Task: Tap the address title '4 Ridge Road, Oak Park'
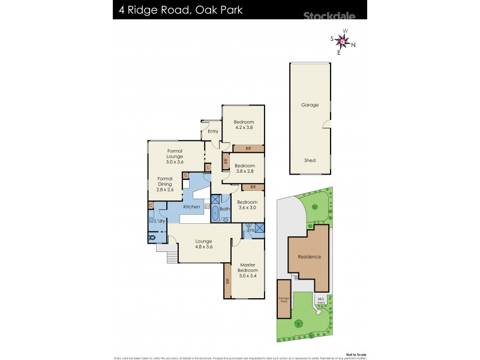177,10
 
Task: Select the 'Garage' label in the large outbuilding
310,105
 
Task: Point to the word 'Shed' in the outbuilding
310,161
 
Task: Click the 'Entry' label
213,131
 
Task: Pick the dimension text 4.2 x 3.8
244,128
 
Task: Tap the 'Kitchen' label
191,207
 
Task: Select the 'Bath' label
224,209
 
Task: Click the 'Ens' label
251,230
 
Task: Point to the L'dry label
160,221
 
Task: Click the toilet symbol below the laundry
152,238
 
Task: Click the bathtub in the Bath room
215,214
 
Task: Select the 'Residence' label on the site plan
310,257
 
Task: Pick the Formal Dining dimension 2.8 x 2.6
165,190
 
